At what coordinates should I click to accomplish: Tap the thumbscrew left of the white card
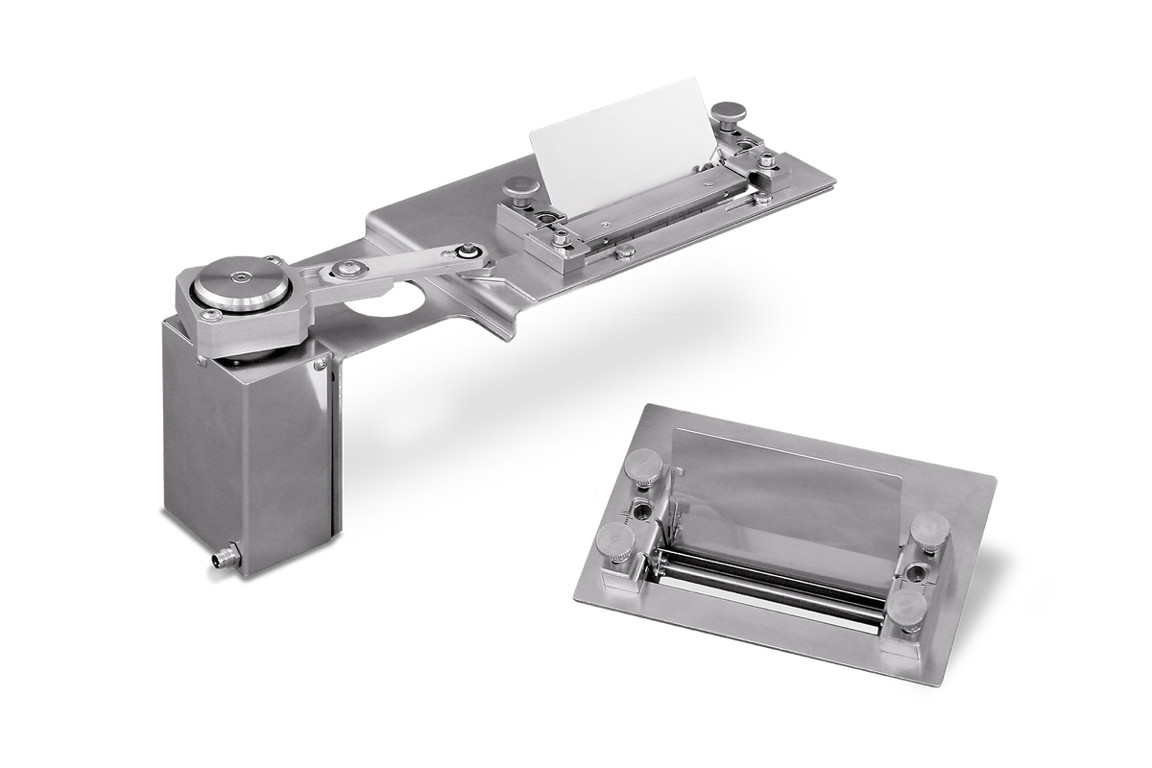coord(521,188)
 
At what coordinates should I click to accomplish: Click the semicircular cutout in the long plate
coord(389,299)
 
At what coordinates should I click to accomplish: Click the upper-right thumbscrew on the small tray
coord(929,529)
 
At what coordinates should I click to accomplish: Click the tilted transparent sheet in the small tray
coord(787,499)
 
